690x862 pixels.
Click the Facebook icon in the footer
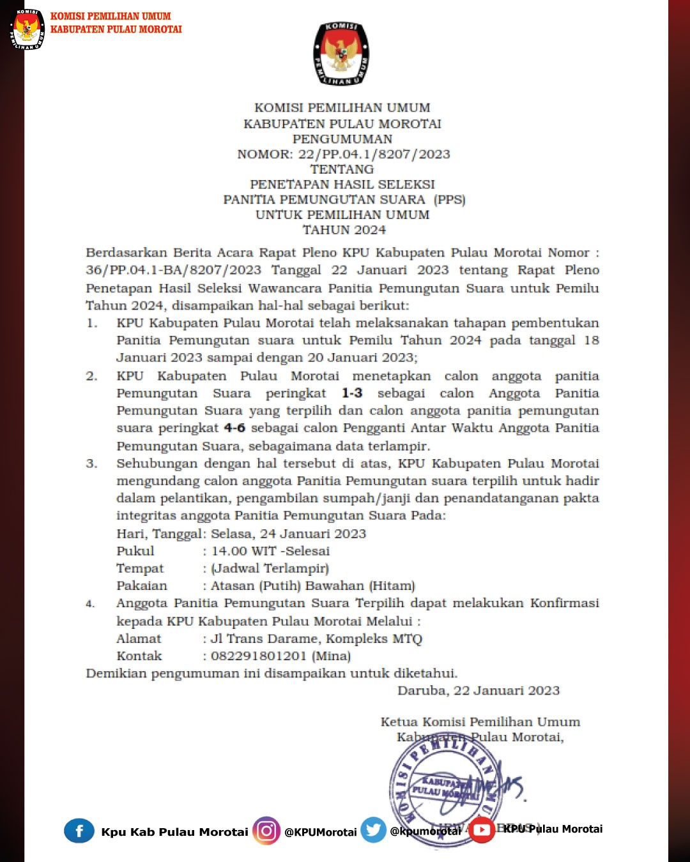coord(79,831)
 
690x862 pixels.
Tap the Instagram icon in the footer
coord(266,831)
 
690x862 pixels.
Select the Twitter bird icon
coord(374,830)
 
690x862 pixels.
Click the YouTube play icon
coord(482,830)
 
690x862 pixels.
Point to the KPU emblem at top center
coord(341,54)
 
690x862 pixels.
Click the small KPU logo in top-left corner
coord(27,29)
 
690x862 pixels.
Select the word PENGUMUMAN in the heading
coord(342,139)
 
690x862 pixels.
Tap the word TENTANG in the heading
coord(342,169)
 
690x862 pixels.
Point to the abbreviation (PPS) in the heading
coord(450,199)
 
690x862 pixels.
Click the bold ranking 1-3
coord(352,393)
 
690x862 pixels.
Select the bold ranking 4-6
coord(234,428)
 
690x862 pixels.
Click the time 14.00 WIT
coord(244,551)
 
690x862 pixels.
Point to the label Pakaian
coord(142,586)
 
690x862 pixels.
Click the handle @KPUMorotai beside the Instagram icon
coord(321,832)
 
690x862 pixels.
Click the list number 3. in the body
coord(92,464)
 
